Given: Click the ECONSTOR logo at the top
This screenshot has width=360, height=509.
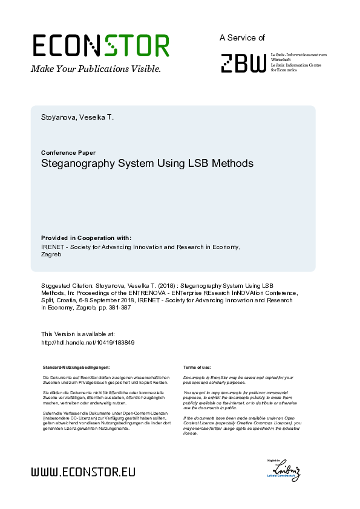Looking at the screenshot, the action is click(x=100, y=46).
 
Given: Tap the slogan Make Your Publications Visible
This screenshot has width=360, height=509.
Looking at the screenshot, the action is click(x=96, y=69).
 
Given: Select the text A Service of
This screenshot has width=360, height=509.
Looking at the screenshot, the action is click(x=242, y=37).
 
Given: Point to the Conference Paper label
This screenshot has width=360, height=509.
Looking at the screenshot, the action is click(x=68, y=152).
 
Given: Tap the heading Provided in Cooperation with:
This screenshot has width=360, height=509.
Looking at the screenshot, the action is click(x=86, y=238).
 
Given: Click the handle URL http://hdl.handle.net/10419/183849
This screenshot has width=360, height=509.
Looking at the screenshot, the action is click(x=87, y=342).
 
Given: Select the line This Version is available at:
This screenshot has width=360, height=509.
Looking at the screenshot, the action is click(x=77, y=334).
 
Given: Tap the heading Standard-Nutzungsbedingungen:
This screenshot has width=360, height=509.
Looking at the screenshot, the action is click(x=76, y=368).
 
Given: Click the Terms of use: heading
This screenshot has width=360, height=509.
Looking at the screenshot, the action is click(x=197, y=368).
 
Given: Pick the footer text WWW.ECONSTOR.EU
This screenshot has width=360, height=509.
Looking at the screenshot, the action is click(x=83, y=472).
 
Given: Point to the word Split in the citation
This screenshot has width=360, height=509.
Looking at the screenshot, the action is click(x=48, y=300).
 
